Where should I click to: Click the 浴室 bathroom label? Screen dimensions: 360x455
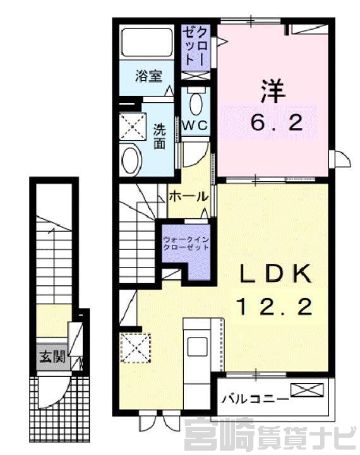pos(148,76)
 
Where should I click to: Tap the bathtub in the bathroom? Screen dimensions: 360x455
pos(147,42)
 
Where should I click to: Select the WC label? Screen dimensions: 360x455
pos(195,126)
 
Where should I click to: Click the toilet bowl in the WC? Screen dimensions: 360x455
pos(196,103)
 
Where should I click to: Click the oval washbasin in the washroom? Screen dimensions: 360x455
pos(131,159)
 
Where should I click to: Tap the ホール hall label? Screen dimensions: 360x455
pos(189,197)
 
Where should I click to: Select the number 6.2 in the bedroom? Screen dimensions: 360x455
pos(277,122)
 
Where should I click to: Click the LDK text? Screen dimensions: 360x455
pos(275,274)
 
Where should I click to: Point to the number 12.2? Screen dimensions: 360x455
pos(275,307)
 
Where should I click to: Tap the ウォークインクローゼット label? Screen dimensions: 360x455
pos(186,244)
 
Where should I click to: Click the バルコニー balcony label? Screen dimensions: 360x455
pos(255,399)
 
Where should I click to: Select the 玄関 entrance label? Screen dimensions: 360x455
pos(52,357)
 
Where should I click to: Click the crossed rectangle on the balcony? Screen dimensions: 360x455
pos(307,390)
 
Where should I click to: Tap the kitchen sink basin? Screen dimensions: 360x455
pos(197,346)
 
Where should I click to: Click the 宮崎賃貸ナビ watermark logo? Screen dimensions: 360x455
pos(270,436)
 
